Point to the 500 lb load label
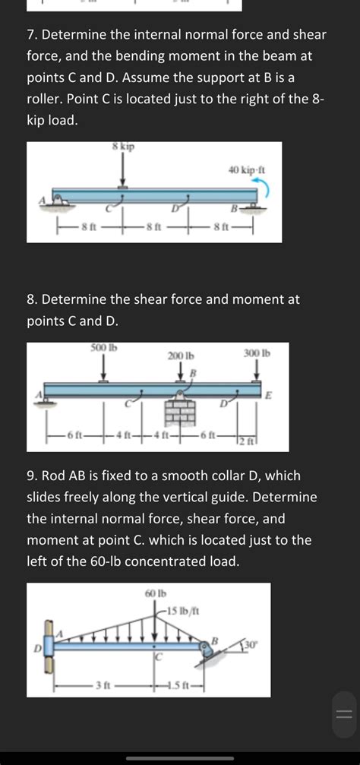coord(103,348)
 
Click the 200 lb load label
coord(180,356)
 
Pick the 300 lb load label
coord(256,352)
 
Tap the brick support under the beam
coord(181,409)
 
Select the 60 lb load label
coord(156,593)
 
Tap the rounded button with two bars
coord(343,713)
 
